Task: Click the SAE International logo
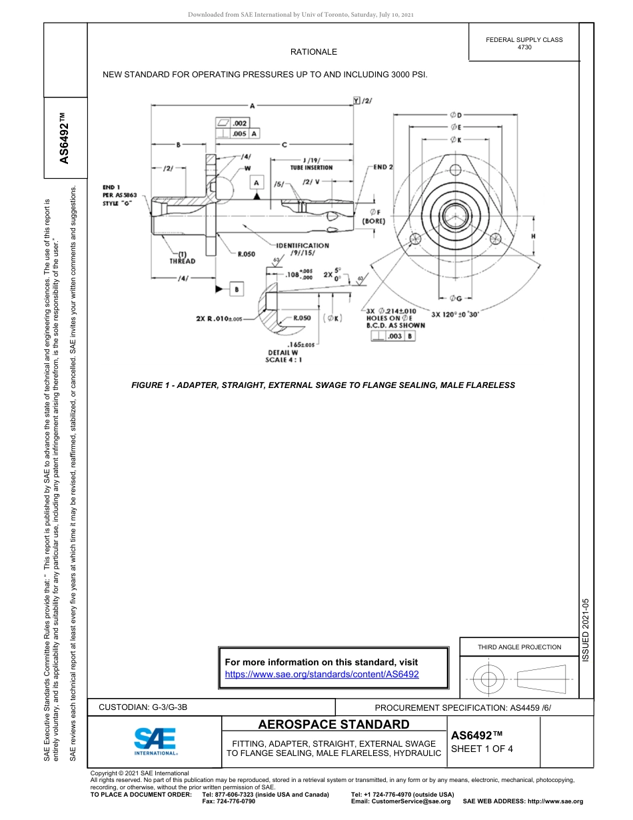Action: [155, 740]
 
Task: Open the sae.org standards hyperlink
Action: [322, 674]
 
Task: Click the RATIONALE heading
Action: [313, 52]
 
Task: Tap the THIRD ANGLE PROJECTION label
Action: [519, 647]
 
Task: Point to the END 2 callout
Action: [383, 167]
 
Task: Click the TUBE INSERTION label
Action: [311, 168]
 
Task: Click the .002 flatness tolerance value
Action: [240, 123]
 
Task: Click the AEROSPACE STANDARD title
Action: [333, 725]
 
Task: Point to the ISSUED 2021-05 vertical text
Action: [586, 629]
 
